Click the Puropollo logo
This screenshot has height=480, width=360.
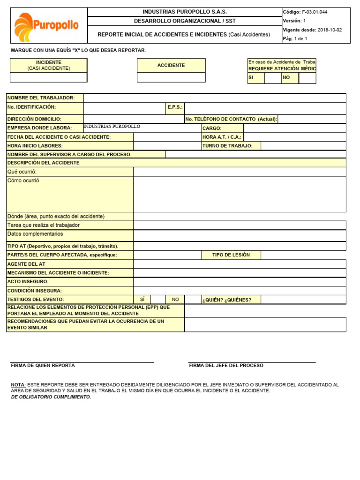pyautogui.click(x=46, y=26)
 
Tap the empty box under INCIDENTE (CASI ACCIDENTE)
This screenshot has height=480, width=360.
pyautogui.click(x=48, y=77)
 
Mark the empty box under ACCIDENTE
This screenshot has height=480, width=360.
pyautogui.click(x=171, y=77)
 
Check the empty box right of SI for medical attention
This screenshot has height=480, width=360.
pyautogui.click(x=273, y=78)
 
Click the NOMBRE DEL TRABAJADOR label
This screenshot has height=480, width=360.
pyautogui.click(x=41, y=97)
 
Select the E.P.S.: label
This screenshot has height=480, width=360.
pyautogui.click(x=175, y=107)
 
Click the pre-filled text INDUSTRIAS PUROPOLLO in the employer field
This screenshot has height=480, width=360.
pyautogui.click(x=112, y=127)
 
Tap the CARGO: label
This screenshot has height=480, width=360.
pyautogui.click(x=212, y=128)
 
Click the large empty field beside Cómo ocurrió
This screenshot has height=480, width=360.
pyautogui.click(x=240, y=194)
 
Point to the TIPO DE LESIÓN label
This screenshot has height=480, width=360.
pyautogui.click(x=231, y=255)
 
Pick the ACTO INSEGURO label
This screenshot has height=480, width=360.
pyautogui.click(x=28, y=282)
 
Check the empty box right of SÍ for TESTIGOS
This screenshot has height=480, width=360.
pyautogui.click(x=158, y=300)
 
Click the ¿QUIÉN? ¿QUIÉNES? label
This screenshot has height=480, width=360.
pyautogui.click(x=227, y=300)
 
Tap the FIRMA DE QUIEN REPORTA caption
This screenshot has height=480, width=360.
pyautogui.click(x=43, y=365)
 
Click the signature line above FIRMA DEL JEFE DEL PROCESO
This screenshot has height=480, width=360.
pyautogui.click(x=252, y=362)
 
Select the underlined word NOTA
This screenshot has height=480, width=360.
pyautogui.click(x=18, y=384)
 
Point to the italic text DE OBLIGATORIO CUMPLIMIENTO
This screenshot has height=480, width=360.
pyautogui.click(x=51, y=397)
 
